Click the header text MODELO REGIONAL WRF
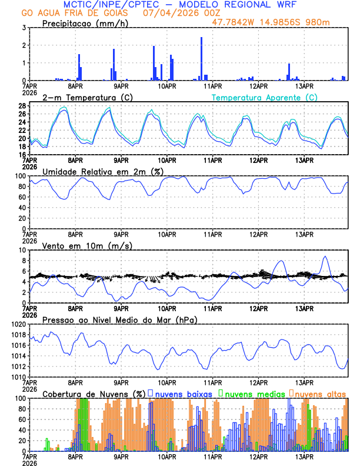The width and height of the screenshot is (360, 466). (247, 4)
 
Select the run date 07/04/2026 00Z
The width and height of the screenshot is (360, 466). (172, 12)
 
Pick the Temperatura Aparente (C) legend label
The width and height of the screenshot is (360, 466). (265, 97)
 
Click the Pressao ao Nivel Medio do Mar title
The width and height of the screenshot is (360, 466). (119, 319)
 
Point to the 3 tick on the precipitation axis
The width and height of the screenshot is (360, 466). (24, 28)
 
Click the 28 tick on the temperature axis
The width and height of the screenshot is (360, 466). (22, 106)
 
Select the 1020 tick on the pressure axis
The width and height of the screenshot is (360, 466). (19, 324)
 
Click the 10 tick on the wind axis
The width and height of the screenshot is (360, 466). (22, 250)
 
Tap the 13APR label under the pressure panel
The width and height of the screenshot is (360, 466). (304, 382)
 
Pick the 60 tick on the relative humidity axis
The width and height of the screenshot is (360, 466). (22, 197)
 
